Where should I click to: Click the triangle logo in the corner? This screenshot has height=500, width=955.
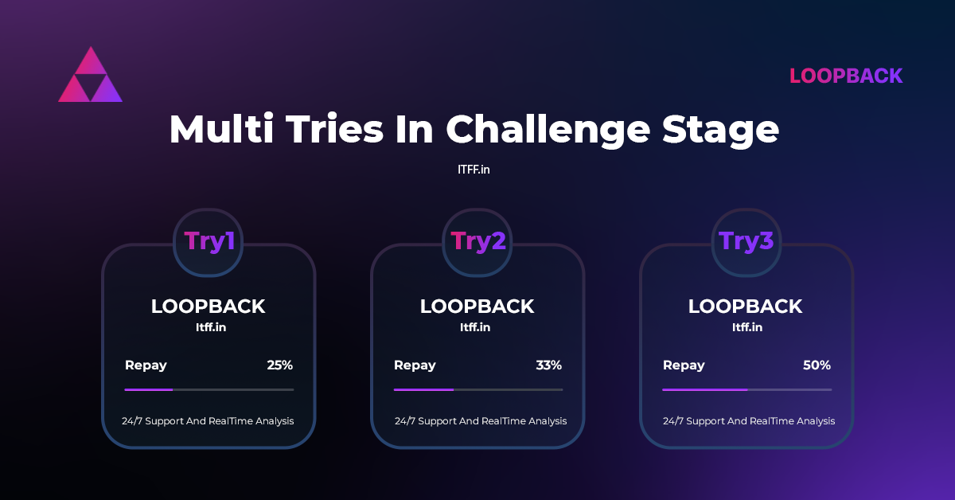click(91, 75)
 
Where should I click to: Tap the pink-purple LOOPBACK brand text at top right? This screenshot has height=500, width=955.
click(846, 76)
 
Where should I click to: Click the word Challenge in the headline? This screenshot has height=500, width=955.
click(548, 130)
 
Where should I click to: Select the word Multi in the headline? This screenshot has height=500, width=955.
click(221, 129)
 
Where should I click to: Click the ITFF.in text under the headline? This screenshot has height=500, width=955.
click(474, 170)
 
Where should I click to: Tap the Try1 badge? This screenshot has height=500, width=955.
click(208, 242)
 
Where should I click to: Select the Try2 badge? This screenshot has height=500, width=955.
click(477, 242)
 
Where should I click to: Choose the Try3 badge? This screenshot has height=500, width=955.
click(746, 242)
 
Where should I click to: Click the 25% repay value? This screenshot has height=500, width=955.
click(279, 365)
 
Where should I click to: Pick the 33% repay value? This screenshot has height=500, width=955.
click(548, 365)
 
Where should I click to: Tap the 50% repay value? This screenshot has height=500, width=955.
click(817, 365)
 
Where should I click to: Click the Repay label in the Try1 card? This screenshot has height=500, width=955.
click(146, 365)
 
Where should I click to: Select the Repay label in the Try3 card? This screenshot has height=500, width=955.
click(684, 365)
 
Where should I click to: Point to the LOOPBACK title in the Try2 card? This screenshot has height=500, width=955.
click(477, 307)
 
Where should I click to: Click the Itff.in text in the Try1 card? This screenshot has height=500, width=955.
click(211, 327)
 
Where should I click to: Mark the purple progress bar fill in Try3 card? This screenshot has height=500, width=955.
click(705, 389)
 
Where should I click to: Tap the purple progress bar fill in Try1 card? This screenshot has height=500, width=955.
click(148, 389)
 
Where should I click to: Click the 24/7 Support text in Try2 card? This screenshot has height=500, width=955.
click(481, 421)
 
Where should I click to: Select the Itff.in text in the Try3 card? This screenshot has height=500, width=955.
click(747, 327)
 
